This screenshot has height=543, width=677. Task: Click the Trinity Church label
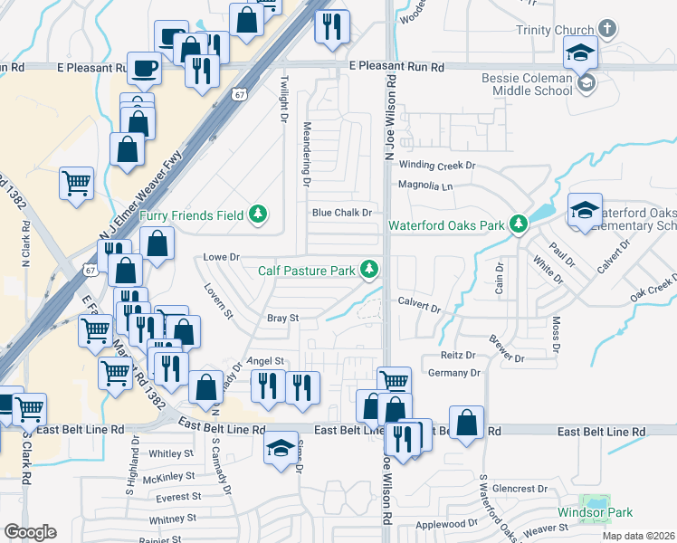(559, 30)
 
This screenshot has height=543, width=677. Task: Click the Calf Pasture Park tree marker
(369, 269)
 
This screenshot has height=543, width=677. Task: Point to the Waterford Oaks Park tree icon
(518, 224)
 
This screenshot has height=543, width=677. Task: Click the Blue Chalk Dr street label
(342, 214)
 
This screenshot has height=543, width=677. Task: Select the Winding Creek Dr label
(436, 166)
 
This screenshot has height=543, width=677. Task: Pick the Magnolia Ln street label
(425, 186)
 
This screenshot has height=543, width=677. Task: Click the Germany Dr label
(454, 373)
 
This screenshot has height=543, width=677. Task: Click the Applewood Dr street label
(445, 524)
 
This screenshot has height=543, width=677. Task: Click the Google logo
(30, 532)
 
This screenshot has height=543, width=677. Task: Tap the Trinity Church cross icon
(606, 29)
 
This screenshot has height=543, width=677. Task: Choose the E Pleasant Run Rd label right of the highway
(397, 67)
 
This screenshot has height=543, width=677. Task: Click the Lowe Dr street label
(220, 257)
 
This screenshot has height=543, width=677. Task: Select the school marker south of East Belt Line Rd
(281, 449)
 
